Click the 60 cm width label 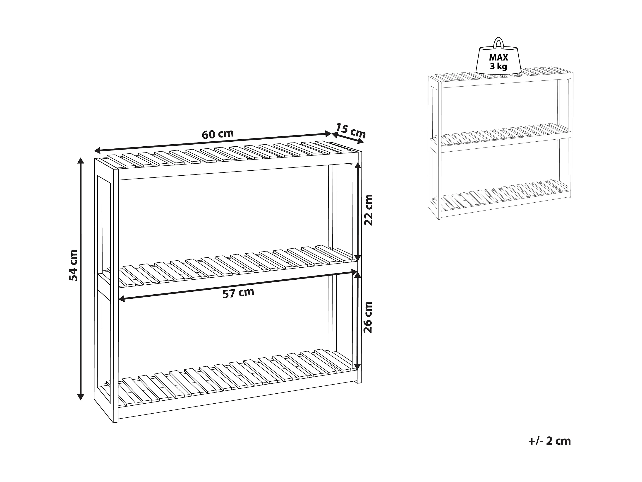218,134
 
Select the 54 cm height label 73,265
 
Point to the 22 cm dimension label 368,210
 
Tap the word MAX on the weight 498,57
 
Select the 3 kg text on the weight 498,67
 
